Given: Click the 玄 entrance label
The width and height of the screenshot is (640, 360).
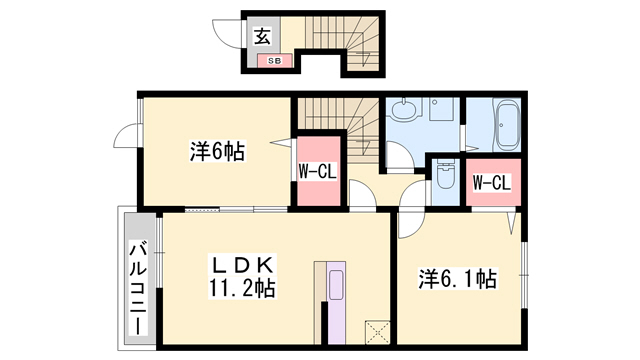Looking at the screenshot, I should click(x=262, y=37).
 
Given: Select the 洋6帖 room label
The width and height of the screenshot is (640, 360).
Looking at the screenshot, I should click(x=216, y=152).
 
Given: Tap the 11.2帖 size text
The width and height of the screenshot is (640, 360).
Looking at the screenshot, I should click(x=242, y=288).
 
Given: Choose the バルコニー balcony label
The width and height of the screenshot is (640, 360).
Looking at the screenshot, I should click(x=137, y=290).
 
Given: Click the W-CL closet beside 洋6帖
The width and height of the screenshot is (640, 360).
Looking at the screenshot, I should click(x=316, y=172).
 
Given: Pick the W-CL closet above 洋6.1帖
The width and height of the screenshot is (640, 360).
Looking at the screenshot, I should click(x=491, y=183).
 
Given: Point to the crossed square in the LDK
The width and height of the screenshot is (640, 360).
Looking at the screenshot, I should click(x=377, y=331).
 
